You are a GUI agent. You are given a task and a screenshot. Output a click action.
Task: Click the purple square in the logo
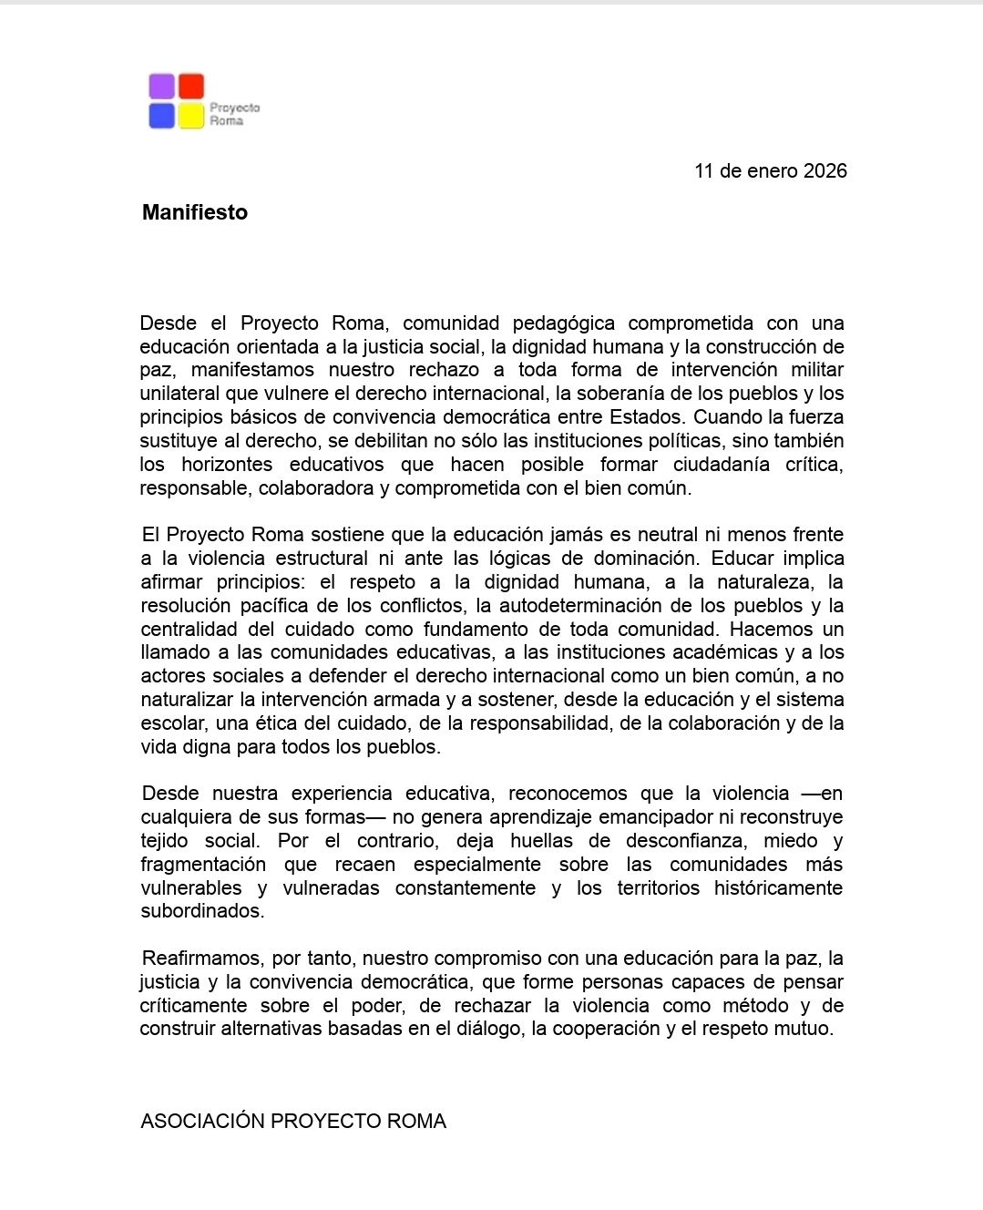click(x=161, y=87)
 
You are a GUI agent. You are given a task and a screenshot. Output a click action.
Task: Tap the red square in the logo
click(x=191, y=87)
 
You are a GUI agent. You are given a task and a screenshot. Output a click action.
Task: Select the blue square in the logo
click(x=161, y=116)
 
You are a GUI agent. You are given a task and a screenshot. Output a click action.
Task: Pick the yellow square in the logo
click(x=191, y=116)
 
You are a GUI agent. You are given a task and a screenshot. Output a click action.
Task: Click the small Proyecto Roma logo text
click(x=234, y=114)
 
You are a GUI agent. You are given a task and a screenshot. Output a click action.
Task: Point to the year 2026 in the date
click(x=825, y=171)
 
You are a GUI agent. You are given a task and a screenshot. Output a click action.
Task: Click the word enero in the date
click(x=771, y=171)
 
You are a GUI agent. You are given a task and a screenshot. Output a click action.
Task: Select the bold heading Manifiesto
click(x=195, y=212)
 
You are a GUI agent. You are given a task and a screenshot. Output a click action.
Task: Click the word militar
click(x=818, y=370)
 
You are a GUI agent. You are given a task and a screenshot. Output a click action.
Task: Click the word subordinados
click(x=201, y=911)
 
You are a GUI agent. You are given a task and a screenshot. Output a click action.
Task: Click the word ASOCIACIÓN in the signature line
click(x=202, y=1122)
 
